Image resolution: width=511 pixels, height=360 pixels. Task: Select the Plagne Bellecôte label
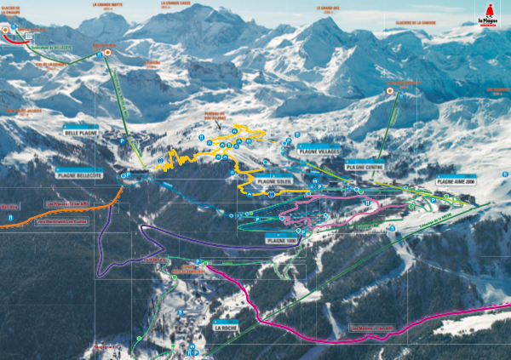pos(79,174)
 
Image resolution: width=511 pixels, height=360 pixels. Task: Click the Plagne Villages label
pos(319,150)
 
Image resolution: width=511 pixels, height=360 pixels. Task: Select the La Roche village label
pos(227,327)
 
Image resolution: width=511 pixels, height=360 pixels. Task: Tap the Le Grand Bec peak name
pos(328,8)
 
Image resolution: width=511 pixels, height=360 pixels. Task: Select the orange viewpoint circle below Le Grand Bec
pos(390,90)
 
